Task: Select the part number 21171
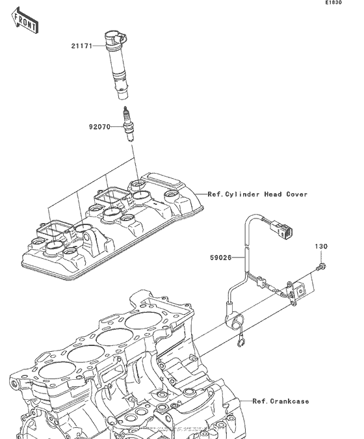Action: [x=83, y=46]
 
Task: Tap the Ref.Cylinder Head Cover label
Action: [x=257, y=194]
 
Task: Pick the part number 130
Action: [x=322, y=246]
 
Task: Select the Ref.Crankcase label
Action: [x=281, y=401]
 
